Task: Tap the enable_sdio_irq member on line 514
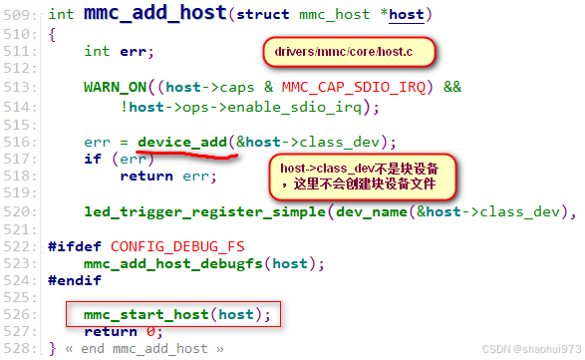pos(297,105)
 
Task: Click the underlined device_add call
pos(182,142)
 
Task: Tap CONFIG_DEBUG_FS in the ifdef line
pos(179,245)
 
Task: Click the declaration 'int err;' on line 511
pos(120,51)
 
